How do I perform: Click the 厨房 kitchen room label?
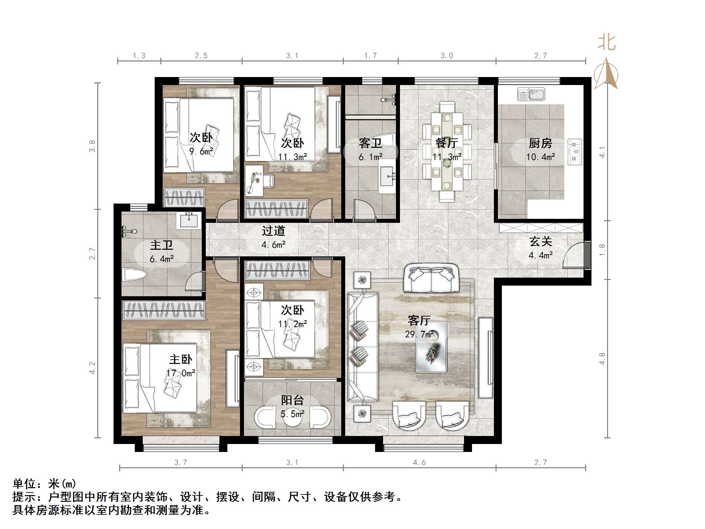click(540, 143)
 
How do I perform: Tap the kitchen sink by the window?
click(531, 94)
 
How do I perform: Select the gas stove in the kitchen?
click(575, 152)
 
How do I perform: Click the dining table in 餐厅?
click(447, 151)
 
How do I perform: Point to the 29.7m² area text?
click(419, 334)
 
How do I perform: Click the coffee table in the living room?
click(431, 347)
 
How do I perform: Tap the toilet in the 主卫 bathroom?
click(134, 275)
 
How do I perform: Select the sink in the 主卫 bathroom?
click(189, 220)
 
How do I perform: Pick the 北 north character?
click(606, 43)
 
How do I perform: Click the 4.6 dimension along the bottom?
click(419, 462)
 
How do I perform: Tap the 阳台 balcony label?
click(292, 400)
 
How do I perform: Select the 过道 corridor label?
click(273, 230)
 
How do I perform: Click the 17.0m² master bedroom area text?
click(181, 373)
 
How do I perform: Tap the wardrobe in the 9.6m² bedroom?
click(185, 198)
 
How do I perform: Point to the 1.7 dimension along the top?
click(370, 56)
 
